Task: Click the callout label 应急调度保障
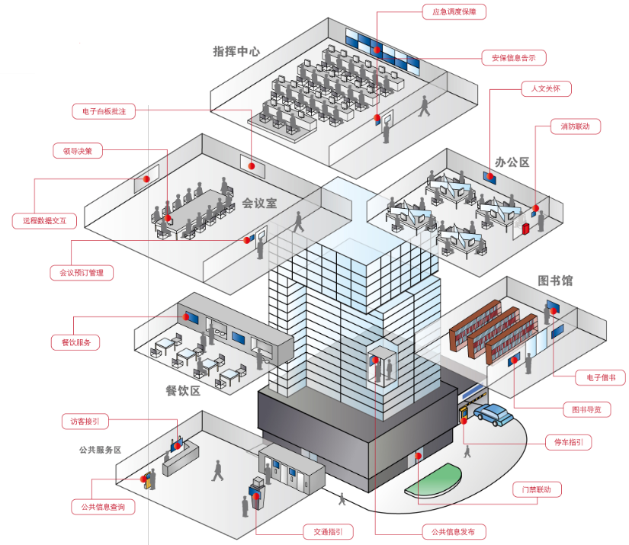click(454, 11)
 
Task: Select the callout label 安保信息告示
click(514, 58)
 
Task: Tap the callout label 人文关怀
click(546, 88)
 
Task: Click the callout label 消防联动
click(575, 127)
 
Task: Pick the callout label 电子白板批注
click(104, 111)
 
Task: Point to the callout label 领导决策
click(78, 151)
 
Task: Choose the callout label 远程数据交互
click(44, 220)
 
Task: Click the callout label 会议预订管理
click(82, 273)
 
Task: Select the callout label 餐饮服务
click(75, 342)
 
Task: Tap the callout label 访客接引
click(85, 422)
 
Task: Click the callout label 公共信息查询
click(103, 507)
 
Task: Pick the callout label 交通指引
click(328, 532)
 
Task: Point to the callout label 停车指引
click(569, 442)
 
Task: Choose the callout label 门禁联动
click(537, 489)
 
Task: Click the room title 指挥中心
click(236, 51)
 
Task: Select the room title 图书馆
click(555, 281)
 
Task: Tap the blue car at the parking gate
click(493, 415)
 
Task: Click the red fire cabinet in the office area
click(525, 229)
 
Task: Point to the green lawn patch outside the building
click(433, 479)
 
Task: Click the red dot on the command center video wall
click(377, 50)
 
